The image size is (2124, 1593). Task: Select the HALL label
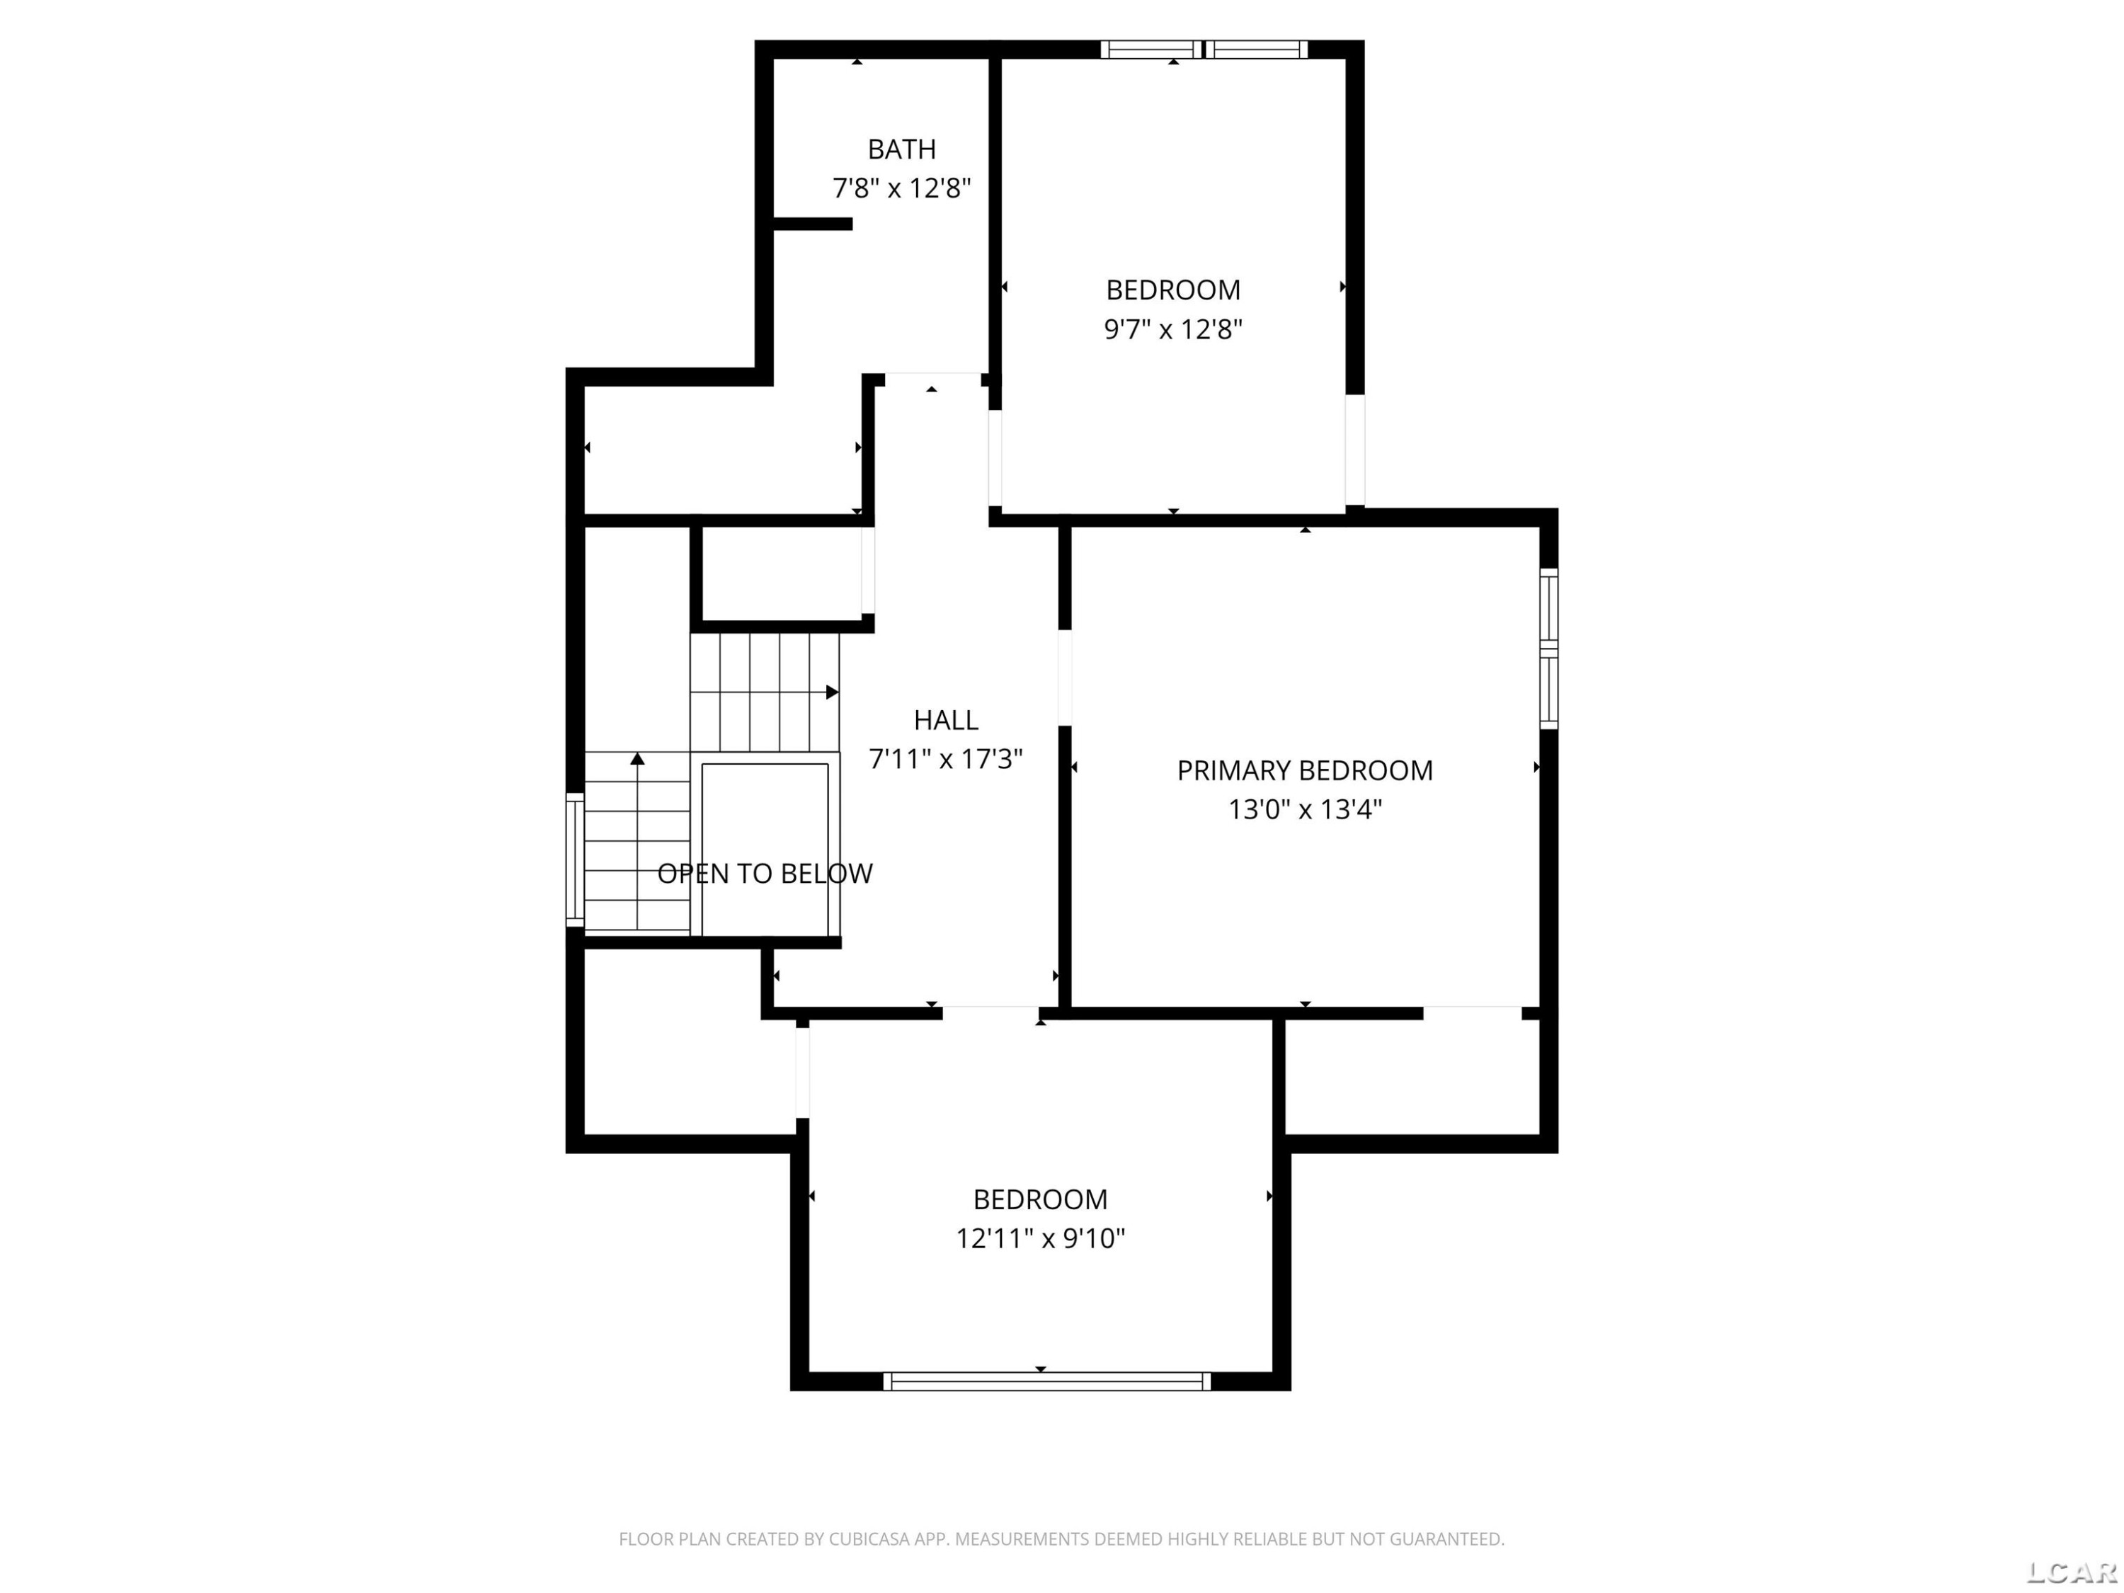click(x=946, y=719)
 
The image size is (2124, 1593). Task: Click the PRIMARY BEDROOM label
click(x=1305, y=770)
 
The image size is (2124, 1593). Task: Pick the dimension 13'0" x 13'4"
click(x=1305, y=809)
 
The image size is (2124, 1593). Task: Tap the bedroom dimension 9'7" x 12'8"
click(x=1172, y=329)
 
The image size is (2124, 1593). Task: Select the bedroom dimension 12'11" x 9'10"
click(x=1040, y=1239)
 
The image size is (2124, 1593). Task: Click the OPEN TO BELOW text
click(x=765, y=873)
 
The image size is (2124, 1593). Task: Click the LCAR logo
click(x=2071, y=1572)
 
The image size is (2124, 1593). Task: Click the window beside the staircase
click(x=574, y=860)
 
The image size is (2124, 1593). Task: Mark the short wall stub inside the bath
click(x=812, y=224)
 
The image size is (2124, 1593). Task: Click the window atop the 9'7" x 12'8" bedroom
click(x=1204, y=49)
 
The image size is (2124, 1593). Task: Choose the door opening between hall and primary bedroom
click(x=1065, y=677)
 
